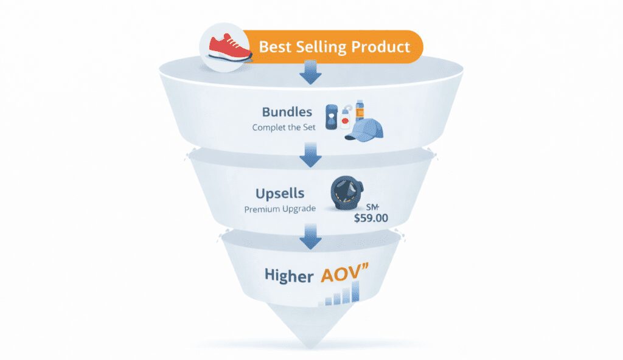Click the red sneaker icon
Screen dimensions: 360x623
tap(230, 47)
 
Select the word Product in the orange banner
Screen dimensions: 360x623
tap(382, 46)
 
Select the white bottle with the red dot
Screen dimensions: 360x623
tap(346, 119)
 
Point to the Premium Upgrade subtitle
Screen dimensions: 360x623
tap(280, 209)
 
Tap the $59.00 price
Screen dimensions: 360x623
tap(372, 217)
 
